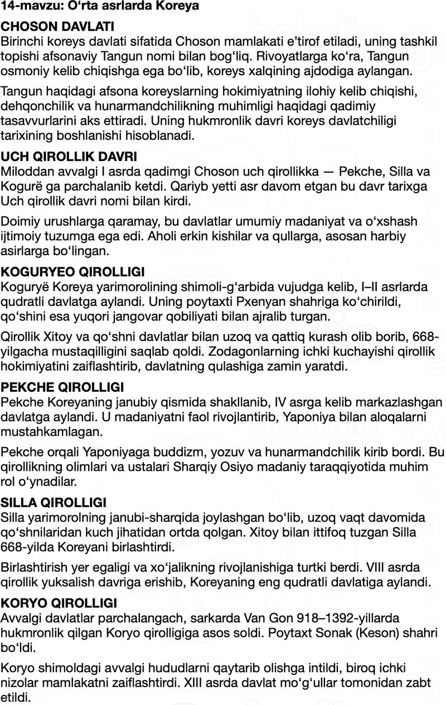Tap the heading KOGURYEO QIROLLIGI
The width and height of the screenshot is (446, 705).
[x=72, y=272]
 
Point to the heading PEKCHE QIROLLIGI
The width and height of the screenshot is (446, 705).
[x=62, y=387]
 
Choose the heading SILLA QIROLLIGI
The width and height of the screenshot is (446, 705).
[x=54, y=503]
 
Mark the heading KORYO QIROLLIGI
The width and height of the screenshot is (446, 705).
[x=59, y=604]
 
